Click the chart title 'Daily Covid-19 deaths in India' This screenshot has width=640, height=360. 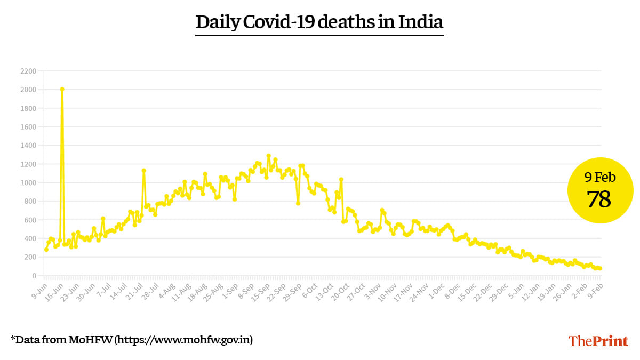click(x=319, y=22)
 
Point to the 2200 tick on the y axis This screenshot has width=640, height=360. click(x=28, y=71)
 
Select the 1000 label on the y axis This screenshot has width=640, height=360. click(x=28, y=183)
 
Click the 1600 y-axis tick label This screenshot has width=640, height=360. click(x=28, y=127)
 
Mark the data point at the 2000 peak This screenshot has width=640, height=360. click(x=62, y=90)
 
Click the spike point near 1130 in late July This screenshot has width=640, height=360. click(x=143, y=171)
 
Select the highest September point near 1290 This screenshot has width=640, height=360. click(x=268, y=156)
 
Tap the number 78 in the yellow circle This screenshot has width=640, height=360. click(x=599, y=199)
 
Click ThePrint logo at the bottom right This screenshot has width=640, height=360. click(x=598, y=341)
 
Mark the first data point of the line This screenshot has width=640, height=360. click(x=46, y=250)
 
